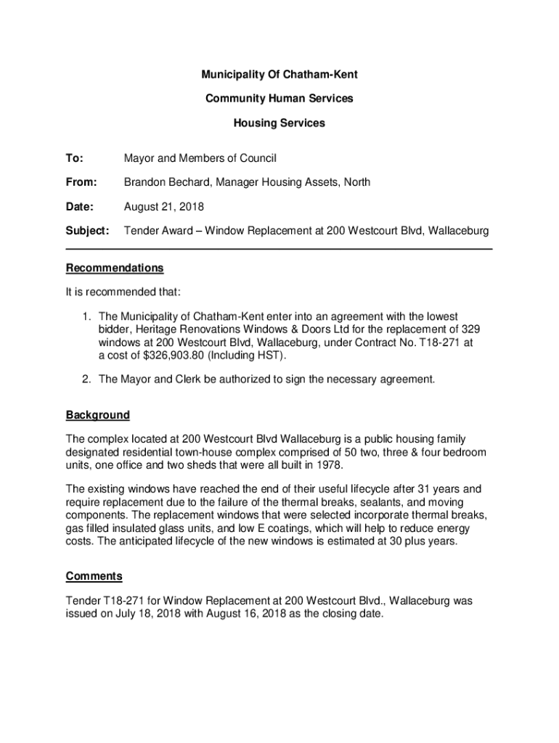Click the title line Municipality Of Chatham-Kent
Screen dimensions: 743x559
(279, 75)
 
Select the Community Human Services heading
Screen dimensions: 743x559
(279, 99)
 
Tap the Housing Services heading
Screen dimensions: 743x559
(279, 123)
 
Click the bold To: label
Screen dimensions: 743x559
(75, 158)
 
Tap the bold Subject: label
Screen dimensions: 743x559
(87, 231)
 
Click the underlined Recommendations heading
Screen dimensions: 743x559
(115, 268)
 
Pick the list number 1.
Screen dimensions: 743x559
(85, 316)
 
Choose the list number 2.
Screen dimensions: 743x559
(85, 379)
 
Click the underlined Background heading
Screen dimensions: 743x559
(98, 415)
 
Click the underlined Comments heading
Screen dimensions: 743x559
(94, 576)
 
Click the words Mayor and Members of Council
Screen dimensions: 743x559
(200, 158)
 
